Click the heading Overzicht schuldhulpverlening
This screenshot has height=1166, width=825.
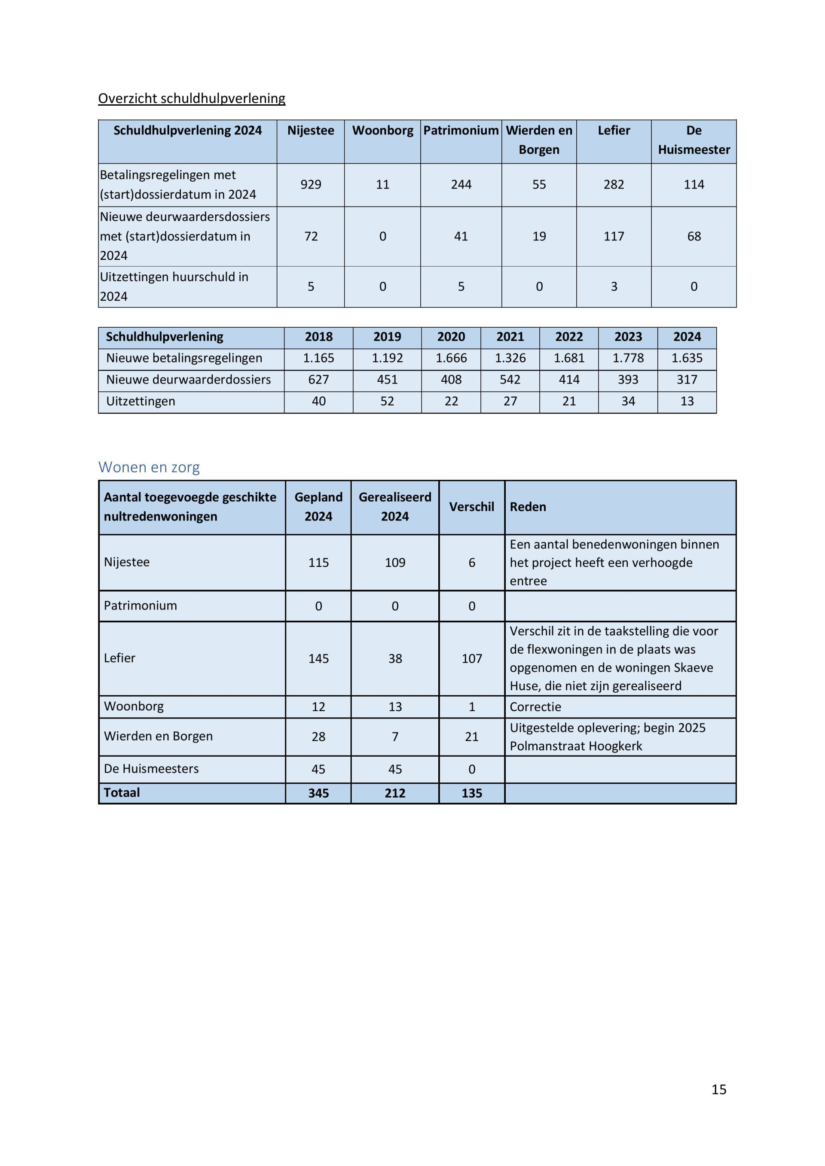(x=192, y=98)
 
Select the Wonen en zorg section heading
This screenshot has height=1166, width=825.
(x=149, y=467)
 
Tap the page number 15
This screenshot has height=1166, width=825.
(x=718, y=1089)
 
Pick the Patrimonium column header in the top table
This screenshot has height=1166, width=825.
(x=461, y=131)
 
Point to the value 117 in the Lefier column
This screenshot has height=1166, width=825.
(x=614, y=236)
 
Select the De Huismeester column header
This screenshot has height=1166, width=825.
(x=694, y=140)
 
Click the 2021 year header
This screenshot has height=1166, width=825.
(x=510, y=337)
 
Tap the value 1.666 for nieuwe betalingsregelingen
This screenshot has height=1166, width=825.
(x=451, y=358)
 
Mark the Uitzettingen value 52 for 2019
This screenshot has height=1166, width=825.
(x=387, y=401)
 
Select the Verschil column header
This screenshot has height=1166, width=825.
(x=471, y=507)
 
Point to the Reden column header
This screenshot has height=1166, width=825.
(x=528, y=507)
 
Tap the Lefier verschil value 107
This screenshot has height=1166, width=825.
(x=471, y=659)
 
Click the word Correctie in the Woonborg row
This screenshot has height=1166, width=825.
(x=535, y=707)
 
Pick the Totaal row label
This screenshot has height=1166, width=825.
(x=122, y=793)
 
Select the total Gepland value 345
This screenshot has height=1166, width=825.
(x=318, y=793)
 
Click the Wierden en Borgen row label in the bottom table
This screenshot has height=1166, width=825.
(x=158, y=737)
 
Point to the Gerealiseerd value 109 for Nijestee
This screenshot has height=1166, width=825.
(x=395, y=563)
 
